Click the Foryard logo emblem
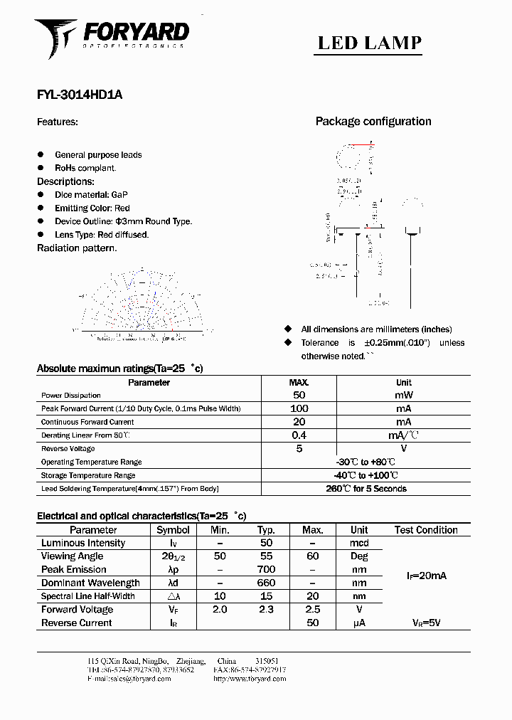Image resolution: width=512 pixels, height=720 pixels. (55, 37)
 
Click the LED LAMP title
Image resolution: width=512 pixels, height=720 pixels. (369, 43)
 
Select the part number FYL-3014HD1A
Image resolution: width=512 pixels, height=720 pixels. (79, 95)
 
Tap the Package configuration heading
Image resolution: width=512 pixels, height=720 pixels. (373, 122)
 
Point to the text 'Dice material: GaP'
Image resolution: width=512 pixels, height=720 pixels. (91, 194)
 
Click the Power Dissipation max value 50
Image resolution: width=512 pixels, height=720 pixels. (299, 395)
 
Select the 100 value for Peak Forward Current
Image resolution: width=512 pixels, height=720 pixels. (299, 408)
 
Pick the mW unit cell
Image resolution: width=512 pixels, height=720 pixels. (403, 395)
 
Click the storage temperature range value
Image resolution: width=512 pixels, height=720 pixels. (366, 475)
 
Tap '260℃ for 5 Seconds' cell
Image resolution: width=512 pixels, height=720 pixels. (366, 489)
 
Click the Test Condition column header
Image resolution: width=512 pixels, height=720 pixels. (426, 530)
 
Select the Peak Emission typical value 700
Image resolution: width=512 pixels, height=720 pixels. (266, 570)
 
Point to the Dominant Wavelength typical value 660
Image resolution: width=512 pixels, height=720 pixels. (266, 583)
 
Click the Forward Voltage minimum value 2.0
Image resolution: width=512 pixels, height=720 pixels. (219, 610)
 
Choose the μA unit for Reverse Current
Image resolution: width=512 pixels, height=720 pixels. (359, 623)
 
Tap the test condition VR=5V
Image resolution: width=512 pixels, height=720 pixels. (426, 623)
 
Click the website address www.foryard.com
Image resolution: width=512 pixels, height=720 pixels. (249, 679)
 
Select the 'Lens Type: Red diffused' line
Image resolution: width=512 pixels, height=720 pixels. (102, 235)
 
